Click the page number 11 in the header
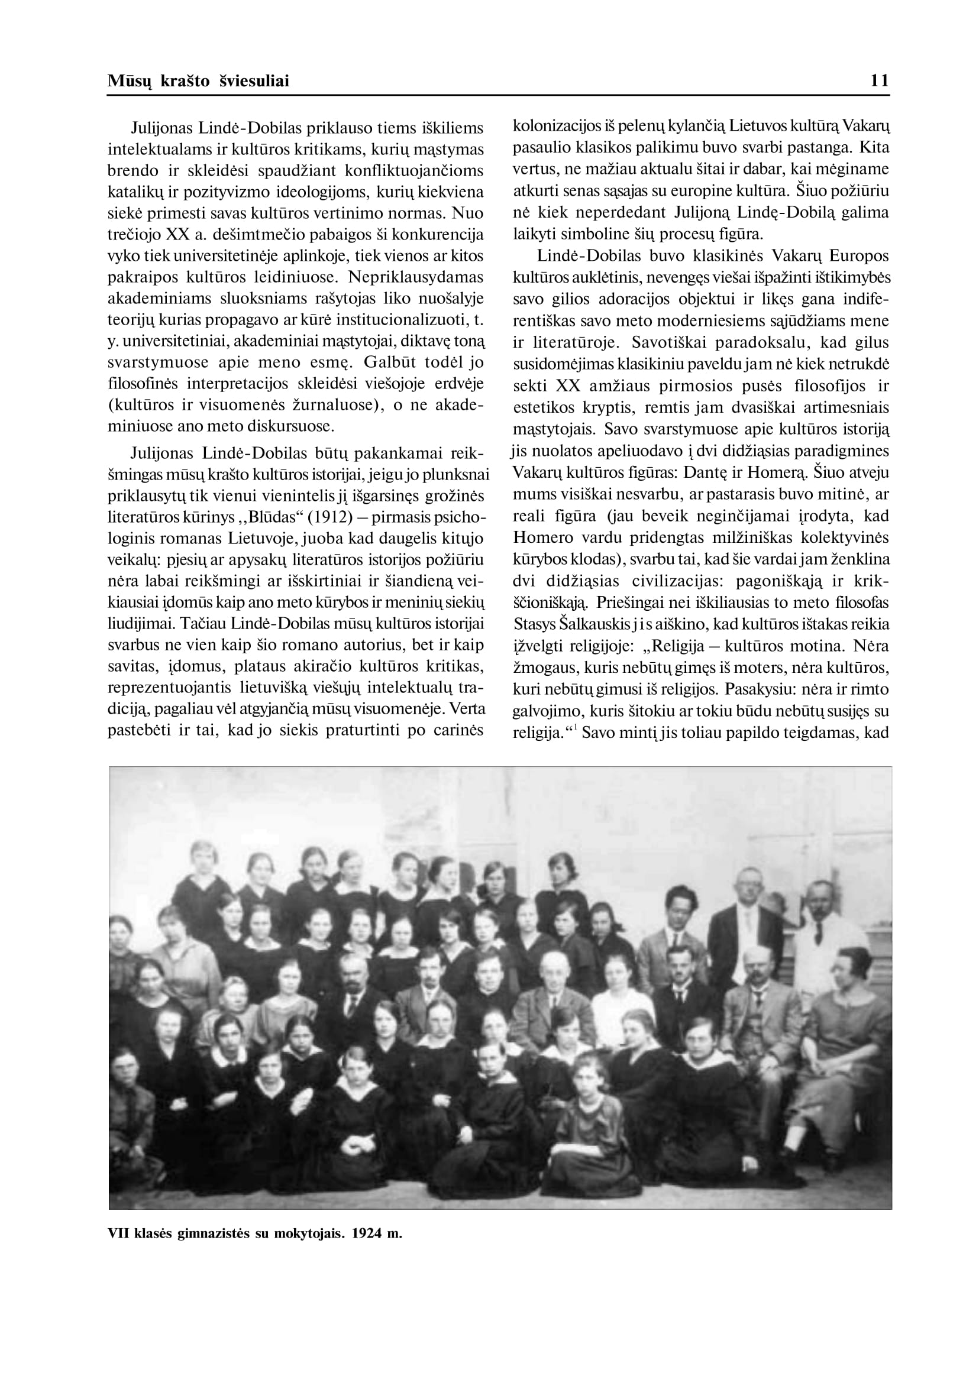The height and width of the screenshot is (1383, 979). coord(880,81)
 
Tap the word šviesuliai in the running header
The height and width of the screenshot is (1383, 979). coord(253,81)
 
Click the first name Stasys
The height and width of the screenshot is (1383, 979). coord(534,624)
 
